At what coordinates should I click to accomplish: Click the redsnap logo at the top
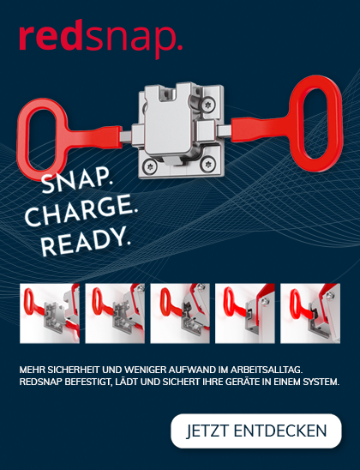pos(101,39)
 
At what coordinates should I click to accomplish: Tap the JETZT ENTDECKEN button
pos(256,431)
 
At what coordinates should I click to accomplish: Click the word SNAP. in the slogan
pos(76,180)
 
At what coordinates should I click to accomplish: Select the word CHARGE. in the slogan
pos(81,209)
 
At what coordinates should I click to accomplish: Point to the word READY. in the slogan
pos(86,240)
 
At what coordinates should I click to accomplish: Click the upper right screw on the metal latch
pos(208,105)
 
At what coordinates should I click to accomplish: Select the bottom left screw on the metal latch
pos(149,166)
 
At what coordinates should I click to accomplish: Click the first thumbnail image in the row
pos(50,313)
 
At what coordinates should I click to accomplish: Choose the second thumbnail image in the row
pos(115,313)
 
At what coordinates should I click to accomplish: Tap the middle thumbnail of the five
pos(180,313)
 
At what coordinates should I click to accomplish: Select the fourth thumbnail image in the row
pos(244,313)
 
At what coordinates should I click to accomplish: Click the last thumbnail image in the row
pos(310,313)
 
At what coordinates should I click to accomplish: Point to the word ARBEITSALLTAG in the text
pos(266,370)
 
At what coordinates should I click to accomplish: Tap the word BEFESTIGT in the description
pos(88,383)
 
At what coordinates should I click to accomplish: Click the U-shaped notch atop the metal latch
pos(168,93)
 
